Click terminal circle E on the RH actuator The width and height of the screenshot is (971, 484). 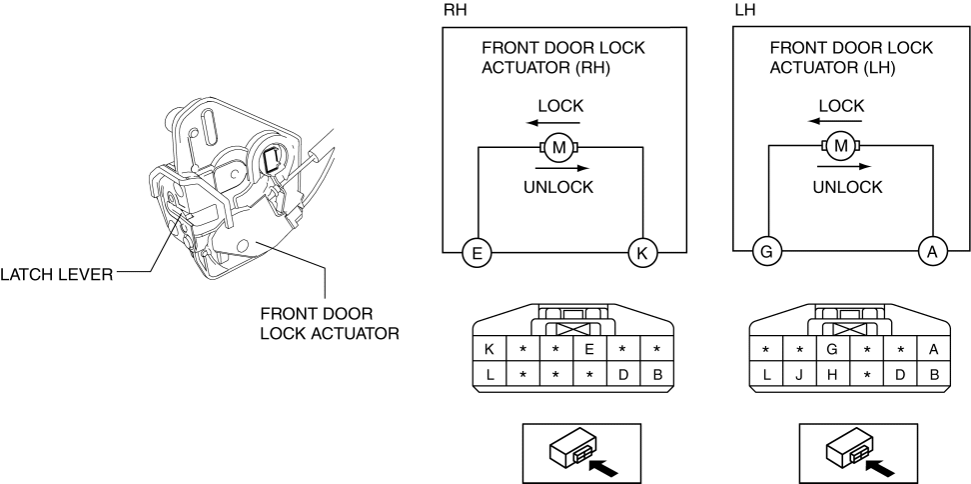click(478, 253)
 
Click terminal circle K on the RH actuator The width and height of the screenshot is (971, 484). click(642, 253)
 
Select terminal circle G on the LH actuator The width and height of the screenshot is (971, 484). click(767, 252)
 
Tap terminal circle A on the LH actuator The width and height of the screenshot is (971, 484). click(933, 252)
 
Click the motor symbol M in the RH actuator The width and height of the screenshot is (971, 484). click(559, 147)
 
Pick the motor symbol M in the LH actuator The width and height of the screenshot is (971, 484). click(841, 146)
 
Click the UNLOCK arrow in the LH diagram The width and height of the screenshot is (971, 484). click(844, 166)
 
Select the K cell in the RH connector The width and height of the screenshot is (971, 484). click(489, 350)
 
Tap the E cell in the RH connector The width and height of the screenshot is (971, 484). click(589, 350)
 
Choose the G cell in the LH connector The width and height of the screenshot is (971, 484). click(832, 350)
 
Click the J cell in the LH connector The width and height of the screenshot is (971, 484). click(799, 374)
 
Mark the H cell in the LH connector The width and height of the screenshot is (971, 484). click(832, 374)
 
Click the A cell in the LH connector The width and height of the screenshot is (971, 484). click(934, 350)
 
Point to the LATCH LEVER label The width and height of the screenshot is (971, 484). click(56, 275)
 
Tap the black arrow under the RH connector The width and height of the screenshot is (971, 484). click(603, 466)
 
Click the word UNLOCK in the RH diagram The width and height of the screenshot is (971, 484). click(558, 187)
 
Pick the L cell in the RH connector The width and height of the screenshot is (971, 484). click(489, 374)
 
